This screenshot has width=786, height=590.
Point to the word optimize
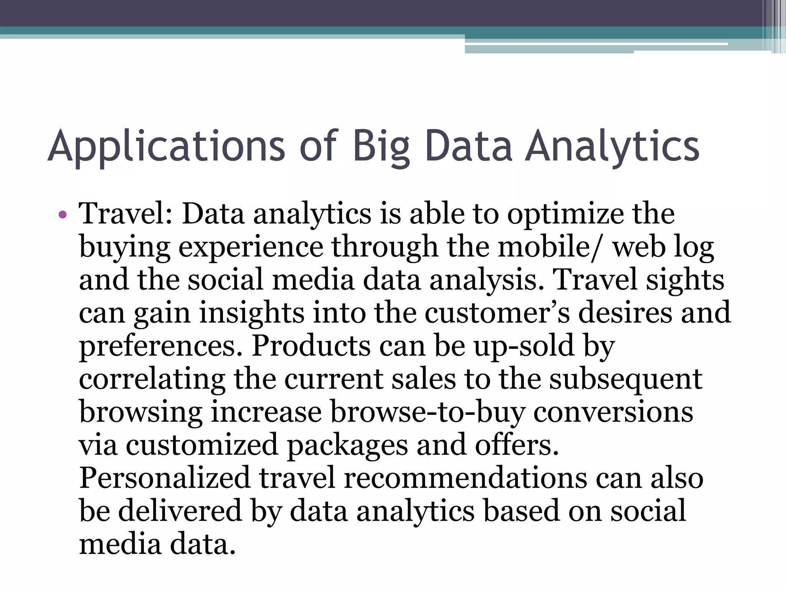pyautogui.click(x=565, y=214)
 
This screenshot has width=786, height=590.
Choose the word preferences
pyautogui.click(x=161, y=346)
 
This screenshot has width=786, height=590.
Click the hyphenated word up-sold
pyautogui.click(x=523, y=346)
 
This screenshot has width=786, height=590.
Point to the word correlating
pyautogui.click(x=152, y=380)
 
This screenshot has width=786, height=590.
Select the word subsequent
pyautogui.click(x=626, y=380)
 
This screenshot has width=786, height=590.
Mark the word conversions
pyautogui.click(x=613, y=413)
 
